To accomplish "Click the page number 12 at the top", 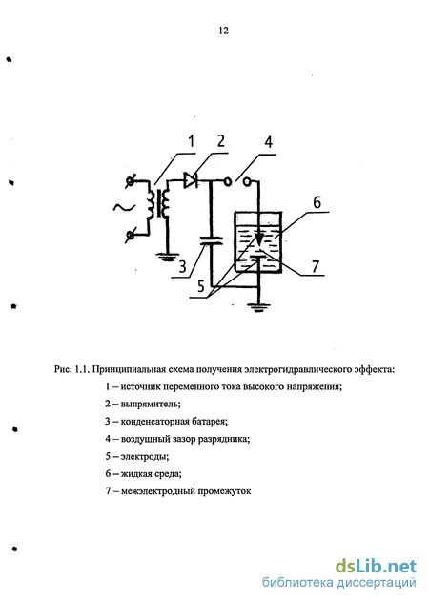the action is click(224, 31).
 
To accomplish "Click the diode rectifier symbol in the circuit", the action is click(191, 179).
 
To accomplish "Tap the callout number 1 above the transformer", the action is click(191, 141).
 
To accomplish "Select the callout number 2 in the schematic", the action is click(220, 141).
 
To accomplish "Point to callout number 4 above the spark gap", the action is click(269, 141).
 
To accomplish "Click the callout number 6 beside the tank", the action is click(317, 202).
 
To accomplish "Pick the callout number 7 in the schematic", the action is click(315, 265).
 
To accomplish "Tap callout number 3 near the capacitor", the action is click(183, 265).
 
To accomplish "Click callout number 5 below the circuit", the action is click(201, 286).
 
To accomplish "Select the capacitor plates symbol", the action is click(211, 240).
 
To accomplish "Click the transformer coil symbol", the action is click(160, 202).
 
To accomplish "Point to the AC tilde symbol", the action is click(124, 207).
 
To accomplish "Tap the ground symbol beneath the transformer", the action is click(167, 257).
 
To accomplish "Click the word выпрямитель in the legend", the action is click(151, 404).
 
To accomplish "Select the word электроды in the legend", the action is click(145, 456).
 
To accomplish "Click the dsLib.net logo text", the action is click(376, 566).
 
